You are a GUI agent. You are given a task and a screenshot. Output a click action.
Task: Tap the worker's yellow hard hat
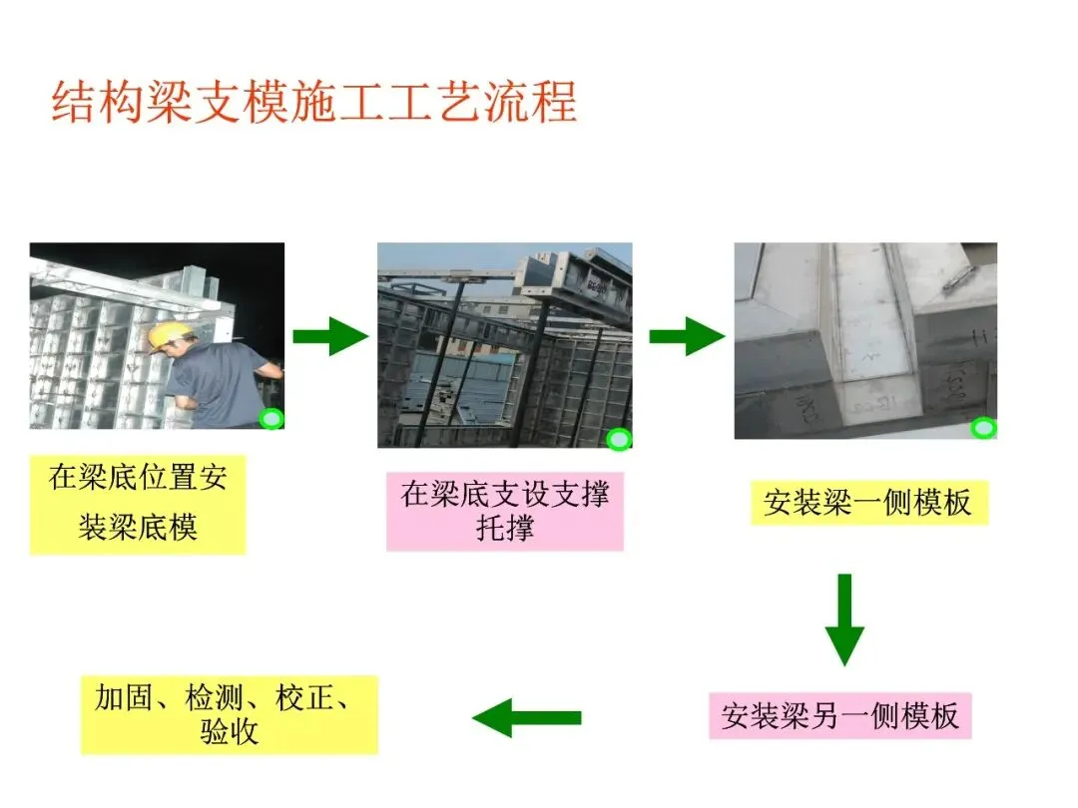tap(166, 336)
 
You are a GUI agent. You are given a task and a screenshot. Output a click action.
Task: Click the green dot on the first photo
tap(270, 419)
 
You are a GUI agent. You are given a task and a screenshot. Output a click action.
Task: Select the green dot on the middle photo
tap(620, 438)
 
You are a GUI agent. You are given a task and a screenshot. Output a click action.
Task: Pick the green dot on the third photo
tap(984, 429)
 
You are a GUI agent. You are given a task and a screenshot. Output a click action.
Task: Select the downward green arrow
tap(844, 618)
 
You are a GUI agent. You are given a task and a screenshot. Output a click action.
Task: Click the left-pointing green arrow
tap(526, 717)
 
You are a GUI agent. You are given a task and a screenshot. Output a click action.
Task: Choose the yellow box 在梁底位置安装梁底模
tap(138, 503)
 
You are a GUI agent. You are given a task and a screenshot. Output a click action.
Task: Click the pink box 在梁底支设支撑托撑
tap(505, 511)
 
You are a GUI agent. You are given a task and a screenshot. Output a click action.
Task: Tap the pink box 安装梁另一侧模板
tap(839, 716)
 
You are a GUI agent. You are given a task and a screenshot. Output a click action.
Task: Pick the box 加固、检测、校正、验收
tap(229, 714)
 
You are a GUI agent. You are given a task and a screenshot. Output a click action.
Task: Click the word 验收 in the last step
tap(230, 733)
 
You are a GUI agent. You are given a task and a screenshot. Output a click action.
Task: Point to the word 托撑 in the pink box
tap(505, 528)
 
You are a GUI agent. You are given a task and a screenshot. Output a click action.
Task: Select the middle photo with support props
tap(504, 344)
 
